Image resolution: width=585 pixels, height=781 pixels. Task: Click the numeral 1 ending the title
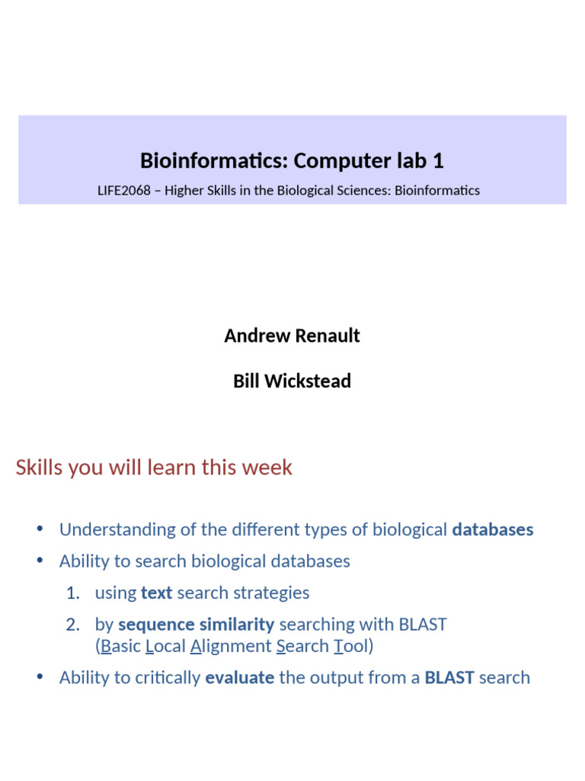click(x=438, y=161)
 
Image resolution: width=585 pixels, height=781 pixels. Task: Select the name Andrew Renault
click(x=292, y=336)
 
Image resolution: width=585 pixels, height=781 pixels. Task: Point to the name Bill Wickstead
click(x=292, y=381)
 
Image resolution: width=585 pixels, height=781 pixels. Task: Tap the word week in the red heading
click(x=269, y=468)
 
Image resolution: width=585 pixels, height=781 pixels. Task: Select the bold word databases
click(x=492, y=529)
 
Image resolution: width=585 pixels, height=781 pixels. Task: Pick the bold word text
click(x=157, y=593)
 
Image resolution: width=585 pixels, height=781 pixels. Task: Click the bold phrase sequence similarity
click(x=196, y=624)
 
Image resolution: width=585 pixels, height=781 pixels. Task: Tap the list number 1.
click(x=72, y=593)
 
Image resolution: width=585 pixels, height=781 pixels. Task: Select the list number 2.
click(x=72, y=624)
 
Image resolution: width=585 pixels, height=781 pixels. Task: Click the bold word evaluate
click(x=239, y=677)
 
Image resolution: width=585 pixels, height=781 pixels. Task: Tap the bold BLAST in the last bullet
click(x=449, y=677)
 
